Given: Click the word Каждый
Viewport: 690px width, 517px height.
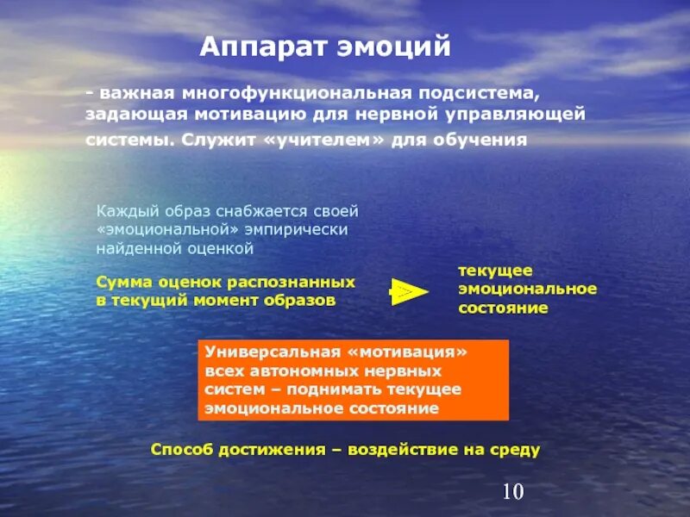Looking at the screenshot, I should point(123,211).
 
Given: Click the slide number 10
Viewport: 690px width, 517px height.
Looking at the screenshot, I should point(512,492).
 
